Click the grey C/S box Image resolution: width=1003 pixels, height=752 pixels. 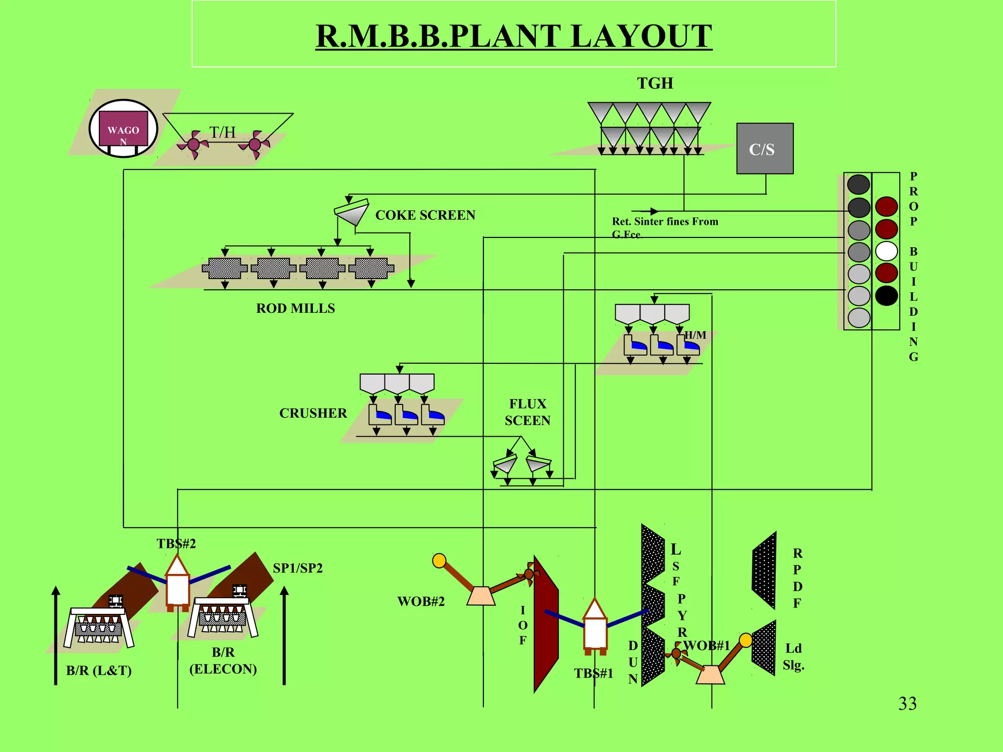tap(764, 148)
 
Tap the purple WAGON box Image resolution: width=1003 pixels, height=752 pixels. tap(123, 129)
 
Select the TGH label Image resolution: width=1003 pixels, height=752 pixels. tap(655, 83)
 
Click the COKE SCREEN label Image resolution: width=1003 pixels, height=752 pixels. tap(425, 215)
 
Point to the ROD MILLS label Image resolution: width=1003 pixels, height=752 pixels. tap(295, 308)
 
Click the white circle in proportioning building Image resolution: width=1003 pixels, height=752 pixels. tap(886, 251)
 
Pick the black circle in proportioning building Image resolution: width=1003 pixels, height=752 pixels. tap(886, 295)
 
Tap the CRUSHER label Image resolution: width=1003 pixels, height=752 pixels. tap(313, 413)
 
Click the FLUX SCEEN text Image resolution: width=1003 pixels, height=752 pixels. tap(527, 412)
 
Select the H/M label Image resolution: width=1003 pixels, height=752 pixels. tap(695, 335)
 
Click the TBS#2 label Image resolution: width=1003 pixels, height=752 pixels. tap(176, 543)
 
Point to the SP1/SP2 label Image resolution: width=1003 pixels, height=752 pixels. tap(297, 568)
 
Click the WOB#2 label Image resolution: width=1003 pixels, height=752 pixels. tap(421, 601)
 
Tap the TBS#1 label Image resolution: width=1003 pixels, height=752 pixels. tap(594, 673)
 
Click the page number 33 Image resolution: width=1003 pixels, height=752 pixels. tap(907, 704)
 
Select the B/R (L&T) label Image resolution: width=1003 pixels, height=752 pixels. tap(99, 670)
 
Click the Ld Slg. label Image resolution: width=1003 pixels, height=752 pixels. tap(793, 657)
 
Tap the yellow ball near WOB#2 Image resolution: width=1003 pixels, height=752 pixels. tap(439, 561)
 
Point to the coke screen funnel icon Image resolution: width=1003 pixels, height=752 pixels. tap(352, 212)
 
